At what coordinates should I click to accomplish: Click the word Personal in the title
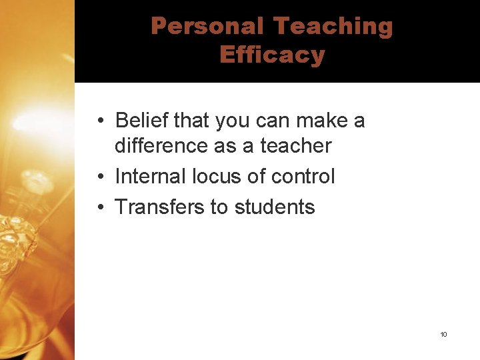click(208, 26)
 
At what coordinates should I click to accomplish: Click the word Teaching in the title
click(333, 26)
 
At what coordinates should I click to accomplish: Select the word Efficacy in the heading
click(271, 55)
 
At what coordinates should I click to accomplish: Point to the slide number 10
click(443, 334)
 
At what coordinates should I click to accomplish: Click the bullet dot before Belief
click(98, 121)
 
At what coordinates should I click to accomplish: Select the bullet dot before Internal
click(98, 177)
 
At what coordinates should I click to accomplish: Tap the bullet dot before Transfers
click(98, 207)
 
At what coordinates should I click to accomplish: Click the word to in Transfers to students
click(219, 207)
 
